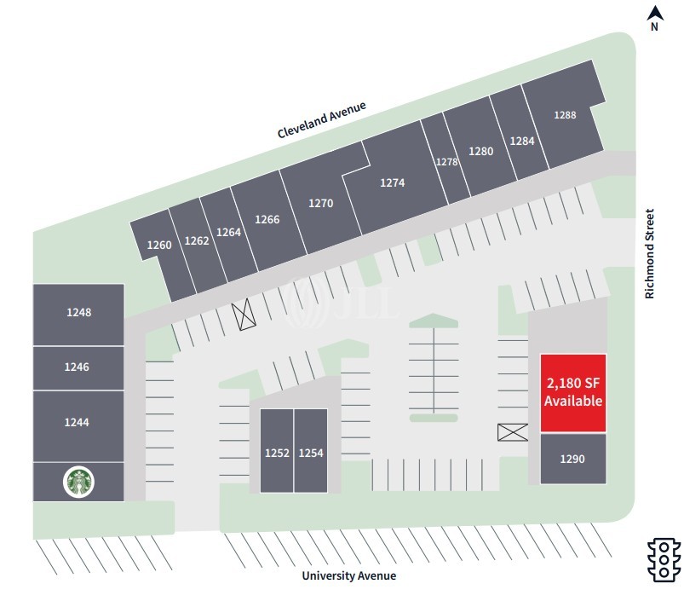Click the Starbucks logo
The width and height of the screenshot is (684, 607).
79,483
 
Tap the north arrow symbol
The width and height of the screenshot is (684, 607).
654,13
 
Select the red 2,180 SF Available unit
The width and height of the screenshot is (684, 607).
573,393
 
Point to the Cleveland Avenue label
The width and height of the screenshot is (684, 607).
321,120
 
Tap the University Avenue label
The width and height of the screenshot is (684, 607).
349,575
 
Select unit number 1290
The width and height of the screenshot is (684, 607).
572,459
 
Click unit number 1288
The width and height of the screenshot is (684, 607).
565,114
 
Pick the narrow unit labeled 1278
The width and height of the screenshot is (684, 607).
446,161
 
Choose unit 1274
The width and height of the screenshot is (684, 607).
393,182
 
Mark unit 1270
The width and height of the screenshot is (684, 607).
321,204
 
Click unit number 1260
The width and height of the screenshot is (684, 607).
159,246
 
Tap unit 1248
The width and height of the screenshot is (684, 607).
78,313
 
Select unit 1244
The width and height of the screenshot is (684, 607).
78,422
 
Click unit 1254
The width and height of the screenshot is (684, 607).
311,453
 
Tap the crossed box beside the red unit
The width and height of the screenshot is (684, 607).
513,432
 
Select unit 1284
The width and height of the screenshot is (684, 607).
521,141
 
